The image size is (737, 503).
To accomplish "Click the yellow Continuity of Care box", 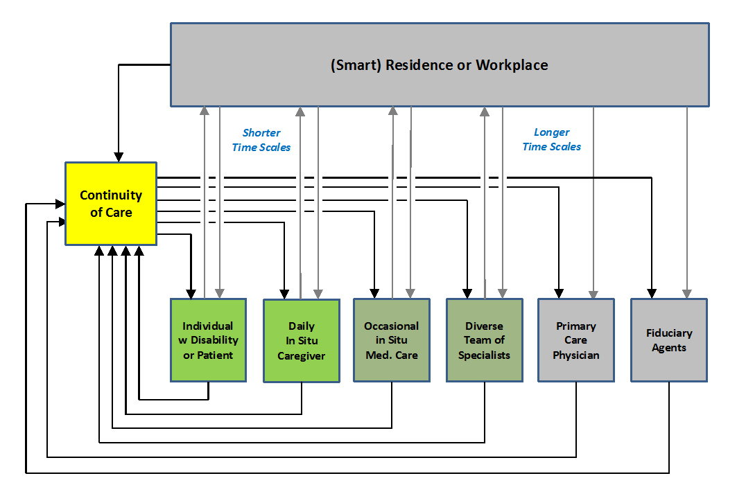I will (111, 203).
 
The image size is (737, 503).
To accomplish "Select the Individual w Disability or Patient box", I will (209, 339).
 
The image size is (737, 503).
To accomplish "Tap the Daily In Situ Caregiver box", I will (302, 340).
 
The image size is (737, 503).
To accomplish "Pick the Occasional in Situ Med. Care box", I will (392, 339).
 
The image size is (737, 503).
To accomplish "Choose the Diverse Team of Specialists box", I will (484, 339).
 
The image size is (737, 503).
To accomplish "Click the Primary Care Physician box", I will (576, 339).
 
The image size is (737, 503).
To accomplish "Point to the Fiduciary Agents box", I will (669, 339).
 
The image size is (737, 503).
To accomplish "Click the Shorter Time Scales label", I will (261, 139).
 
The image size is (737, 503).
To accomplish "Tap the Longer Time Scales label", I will (552, 139).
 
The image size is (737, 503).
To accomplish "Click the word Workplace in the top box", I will (512, 65).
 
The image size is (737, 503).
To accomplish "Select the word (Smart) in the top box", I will (356, 65).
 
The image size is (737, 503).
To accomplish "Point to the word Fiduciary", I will (669, 333).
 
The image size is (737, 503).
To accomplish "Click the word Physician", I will (576, 355).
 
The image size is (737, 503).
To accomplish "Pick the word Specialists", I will (484, 355).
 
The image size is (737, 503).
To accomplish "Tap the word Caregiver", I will (302, 356).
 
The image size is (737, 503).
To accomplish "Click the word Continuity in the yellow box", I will (111, 195).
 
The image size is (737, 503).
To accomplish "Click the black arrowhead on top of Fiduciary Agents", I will (651, 292).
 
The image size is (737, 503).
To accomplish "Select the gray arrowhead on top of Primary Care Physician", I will (593, 292).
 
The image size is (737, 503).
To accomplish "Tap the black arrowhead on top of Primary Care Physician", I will (558, 292).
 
